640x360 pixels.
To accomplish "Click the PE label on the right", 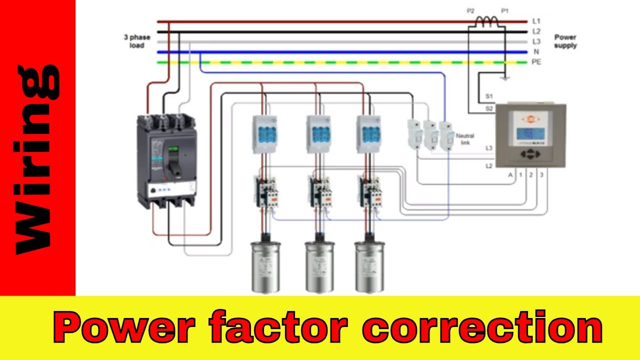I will click(x=536, y=62).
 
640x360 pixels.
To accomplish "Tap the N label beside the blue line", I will click(x=536, y=52).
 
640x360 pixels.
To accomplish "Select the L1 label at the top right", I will click(x=536, y=21).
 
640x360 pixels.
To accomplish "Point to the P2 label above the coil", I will click(x=470, y=10).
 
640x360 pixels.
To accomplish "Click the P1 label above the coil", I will click(x=505, y=10).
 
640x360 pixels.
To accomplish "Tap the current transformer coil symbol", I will click(x=487, y=20).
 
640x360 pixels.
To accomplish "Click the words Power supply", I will click(x=565, y=41).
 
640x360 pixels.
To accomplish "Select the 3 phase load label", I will click(x=136, y=41).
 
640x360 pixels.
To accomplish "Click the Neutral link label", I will click(x=465, y=139).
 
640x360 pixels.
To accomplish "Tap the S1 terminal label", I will click(x=489, y=96).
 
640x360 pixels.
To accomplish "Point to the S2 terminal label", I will click(x=489, y=107).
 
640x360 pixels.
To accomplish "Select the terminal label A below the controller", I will click(x=510, y=175).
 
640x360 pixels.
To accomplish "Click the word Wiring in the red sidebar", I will click(x=37, y=160).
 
